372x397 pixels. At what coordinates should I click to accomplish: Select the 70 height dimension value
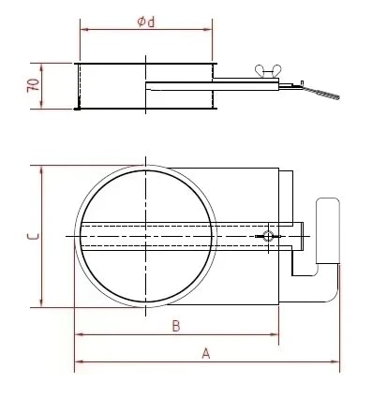tap(33, 86)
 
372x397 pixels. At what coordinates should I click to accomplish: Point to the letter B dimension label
tap(175, 326)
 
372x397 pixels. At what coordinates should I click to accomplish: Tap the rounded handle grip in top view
tap(327, 230)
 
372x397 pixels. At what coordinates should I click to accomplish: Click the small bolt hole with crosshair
tap(270, 236)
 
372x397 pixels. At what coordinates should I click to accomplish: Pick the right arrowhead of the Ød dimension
tap(213, 29)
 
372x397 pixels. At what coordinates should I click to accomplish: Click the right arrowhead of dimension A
tap(335, 360)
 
